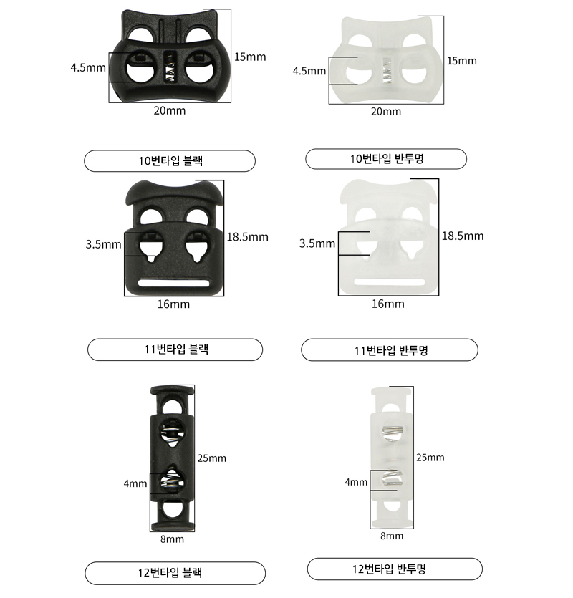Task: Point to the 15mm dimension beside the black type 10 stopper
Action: tap(250, 57)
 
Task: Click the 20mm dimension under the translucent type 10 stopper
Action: tap(386, 111)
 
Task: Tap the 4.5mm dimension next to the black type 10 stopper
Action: tap(88, 68)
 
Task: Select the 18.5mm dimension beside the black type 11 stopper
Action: tap(248, 237)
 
